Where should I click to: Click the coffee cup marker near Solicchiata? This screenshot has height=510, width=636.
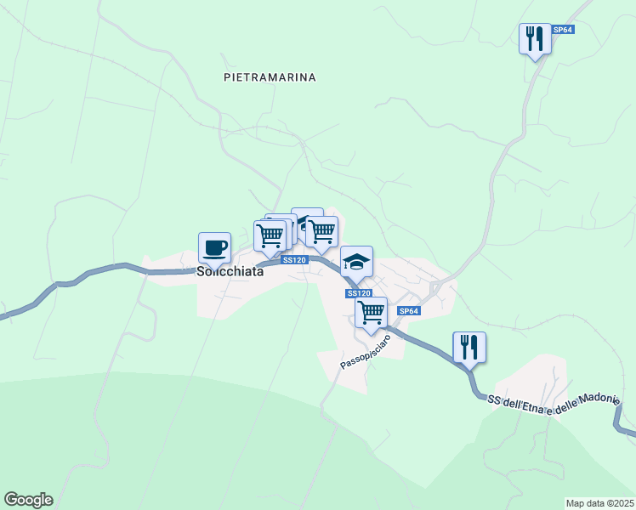pos(213,247)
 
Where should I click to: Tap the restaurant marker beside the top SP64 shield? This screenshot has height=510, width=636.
pos(535,38)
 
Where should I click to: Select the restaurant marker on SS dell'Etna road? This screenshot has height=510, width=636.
pos(468,347)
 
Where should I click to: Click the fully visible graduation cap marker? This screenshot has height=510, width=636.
pos(356,261)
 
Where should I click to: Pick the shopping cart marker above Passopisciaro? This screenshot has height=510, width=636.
pos(371,312)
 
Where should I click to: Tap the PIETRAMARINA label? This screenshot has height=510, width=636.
pos(270,77)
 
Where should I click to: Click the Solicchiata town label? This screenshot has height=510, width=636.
pos(230,274)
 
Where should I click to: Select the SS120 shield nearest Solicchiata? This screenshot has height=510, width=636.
pos(293,260)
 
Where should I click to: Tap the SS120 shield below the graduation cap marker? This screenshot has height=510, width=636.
pos(359,292)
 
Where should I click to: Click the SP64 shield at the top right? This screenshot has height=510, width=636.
pos(563,30)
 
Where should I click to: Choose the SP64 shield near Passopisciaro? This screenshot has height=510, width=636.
pos(409,311)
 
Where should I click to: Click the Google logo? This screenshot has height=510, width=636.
pos(28,500)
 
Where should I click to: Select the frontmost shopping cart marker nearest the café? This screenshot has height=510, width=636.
pos(270,235)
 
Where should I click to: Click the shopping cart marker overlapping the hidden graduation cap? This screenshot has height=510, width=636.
pos(321,231)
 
